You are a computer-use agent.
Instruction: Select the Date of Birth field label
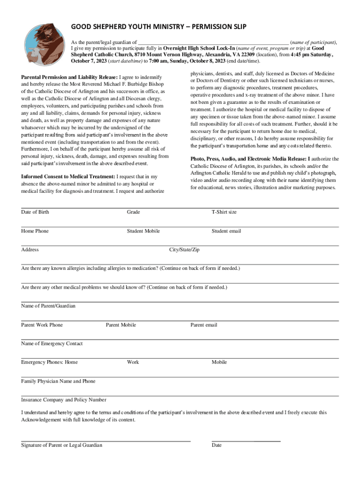[x=35, y=212]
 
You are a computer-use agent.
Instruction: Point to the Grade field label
[x=133, y=212]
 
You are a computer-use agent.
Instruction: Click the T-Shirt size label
[x=224, y=212]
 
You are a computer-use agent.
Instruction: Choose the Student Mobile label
[x=143, y=231]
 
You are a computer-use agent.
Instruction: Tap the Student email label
[x=226, y=231]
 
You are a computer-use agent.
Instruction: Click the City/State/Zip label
[x=184, y=250]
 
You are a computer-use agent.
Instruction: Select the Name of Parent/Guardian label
[x=48, y=306]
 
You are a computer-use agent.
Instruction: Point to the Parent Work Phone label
[x=42, y=325]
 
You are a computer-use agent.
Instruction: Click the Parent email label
[x=203, y=325]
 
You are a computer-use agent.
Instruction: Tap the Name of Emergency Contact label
[x=52, y=344]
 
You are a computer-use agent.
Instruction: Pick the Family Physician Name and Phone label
[x=58, y=381]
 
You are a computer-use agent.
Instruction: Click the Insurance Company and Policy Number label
[x=64, y=400]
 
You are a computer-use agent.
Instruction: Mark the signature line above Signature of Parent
[x=106, y=441]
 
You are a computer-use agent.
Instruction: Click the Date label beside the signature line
[x=216, y=445]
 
